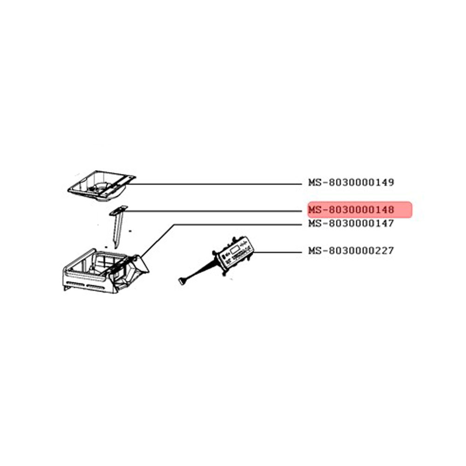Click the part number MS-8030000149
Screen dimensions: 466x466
pyautogui.click(x=351, y=182)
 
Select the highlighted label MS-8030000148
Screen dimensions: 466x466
pyautogui.click(x=351, y=210)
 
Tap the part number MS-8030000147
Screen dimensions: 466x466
pyautogui.click(x=351, y=223)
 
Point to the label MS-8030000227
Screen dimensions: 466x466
pyautogui.click(x=351, y=251)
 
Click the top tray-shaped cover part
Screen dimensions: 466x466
pyautogui.click(x=102, y=185)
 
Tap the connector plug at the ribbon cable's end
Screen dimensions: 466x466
pyautogui.click(x=182, y=281)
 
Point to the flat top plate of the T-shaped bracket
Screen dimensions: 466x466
pyautogui.click(x=118, y=210)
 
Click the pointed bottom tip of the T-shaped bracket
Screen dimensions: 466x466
pyautogui.click(x=116, y=248)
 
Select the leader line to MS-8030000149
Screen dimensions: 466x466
pyautogui.click(x=214, y=184)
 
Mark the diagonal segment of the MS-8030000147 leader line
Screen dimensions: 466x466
pyautogui.click(x=157, y=240)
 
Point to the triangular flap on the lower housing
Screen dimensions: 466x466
pyautogui.click(x=140, y=264)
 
